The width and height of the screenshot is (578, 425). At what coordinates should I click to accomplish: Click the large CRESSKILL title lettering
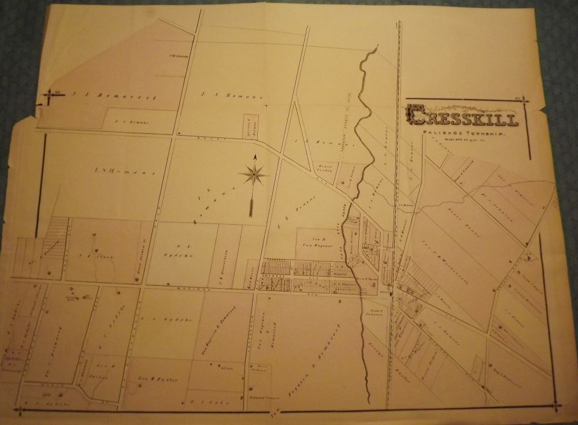[461, 116]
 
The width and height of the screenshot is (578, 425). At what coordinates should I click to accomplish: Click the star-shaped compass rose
[253, 173]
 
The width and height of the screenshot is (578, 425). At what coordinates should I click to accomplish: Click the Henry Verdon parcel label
[326, 169]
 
